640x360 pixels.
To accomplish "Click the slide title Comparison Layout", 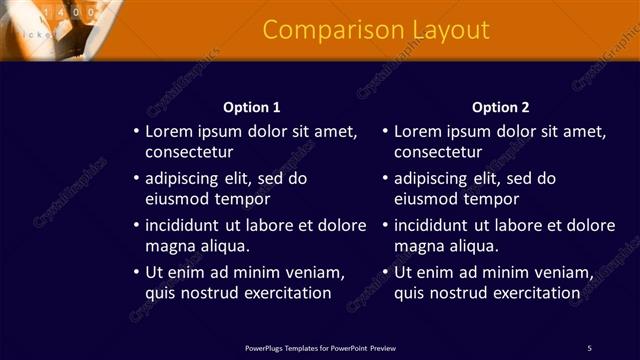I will pyautogui.click(x=376, y=30).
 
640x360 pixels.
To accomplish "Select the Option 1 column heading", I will pyautogui.click(x=251, y=107).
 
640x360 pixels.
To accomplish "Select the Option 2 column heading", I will pyautogui.click(x=501, y=107).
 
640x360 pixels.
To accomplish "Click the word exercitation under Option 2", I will pyautogui.click(x=535, y=293).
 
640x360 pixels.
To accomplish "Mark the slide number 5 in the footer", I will pyautogui.click(x=589, y=348).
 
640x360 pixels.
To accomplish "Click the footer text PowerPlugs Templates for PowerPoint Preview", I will pyautogui.click(x=320, y=348).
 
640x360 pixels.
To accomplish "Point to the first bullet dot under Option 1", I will pyautogui.click(x=137, y=132).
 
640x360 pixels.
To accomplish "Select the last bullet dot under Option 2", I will pyautogui.click(x=386, y=273).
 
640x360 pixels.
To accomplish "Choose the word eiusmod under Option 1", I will pyautogui.click(x=177, y=199).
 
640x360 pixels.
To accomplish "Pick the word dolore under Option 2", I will pyautogui.click(x=592, y=225).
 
